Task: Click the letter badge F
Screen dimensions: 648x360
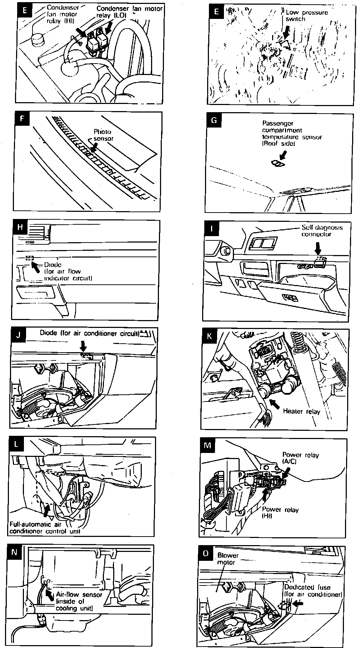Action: point(22,119)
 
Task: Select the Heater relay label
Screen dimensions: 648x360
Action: point(301,411)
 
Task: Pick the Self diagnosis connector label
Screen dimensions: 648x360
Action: point(321,231)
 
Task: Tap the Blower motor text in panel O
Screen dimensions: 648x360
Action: point(227,559)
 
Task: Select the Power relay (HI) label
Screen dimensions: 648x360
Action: point(280,513)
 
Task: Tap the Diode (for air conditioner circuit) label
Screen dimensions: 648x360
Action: point(89,333)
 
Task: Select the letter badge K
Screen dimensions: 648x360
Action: point(209,336)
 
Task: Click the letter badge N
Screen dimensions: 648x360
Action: point(14,552)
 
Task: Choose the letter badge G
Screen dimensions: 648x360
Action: point(214,120)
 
